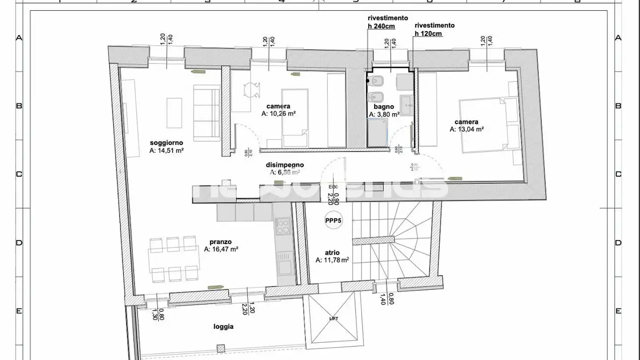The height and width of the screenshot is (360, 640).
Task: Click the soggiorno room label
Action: coord(166,143)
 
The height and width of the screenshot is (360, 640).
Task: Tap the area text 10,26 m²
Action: coord(279,114)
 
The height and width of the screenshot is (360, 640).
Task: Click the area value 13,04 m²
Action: coord(466,129)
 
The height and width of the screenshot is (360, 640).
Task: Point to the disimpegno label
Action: coord(284,164)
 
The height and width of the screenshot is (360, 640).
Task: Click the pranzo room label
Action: coord(221,242)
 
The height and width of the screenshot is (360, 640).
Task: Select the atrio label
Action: coord(332,252)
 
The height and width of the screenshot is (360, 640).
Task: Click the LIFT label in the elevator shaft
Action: coord(333,319)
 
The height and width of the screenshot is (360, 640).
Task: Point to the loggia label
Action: coord(223,327)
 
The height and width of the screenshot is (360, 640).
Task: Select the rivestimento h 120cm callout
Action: coord(434,29)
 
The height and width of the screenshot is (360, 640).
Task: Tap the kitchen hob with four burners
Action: coord(283,225)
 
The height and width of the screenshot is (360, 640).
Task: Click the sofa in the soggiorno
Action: coord(207,114)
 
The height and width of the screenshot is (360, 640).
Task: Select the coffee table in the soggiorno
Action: coord(175,112)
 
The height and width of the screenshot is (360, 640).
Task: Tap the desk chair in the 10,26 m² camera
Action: coord(252,89)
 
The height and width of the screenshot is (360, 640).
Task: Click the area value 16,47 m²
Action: coord(221,250)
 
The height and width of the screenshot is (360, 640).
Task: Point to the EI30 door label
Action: coord(333,187)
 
